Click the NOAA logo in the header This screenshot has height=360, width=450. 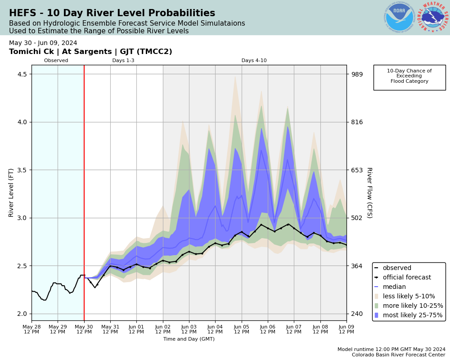pyautogui.click(x=399, y=17)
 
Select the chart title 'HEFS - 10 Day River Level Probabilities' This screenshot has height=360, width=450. pyautogui.click(x=112, y=13)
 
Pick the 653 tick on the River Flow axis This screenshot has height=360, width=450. pyautogui.click(x=356, y=170)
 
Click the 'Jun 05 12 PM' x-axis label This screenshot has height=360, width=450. pyautogui.click(x=242, y=329)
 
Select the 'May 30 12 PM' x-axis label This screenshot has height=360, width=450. pyautogui.click(x=84, y=329)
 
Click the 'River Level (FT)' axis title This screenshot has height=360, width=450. pyautogui.click(x=12, y=193)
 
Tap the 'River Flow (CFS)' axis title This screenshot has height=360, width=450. pyautogui.click(x=369, y=193)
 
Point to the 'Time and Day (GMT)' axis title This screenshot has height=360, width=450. pyautogui.click(x=189, y=339)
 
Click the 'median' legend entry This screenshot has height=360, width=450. pyautogui.click(x=394, y=287)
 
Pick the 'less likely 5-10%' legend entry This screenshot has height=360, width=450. pyautogui.click(x=409, y=297)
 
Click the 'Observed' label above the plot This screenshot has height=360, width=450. pyautogui.click(x=56, y=61)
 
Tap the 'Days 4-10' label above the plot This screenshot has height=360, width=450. pyautogui.click(x=254, y=61)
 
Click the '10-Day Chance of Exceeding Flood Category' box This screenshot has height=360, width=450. pyautogui.click(x=409, y=76)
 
